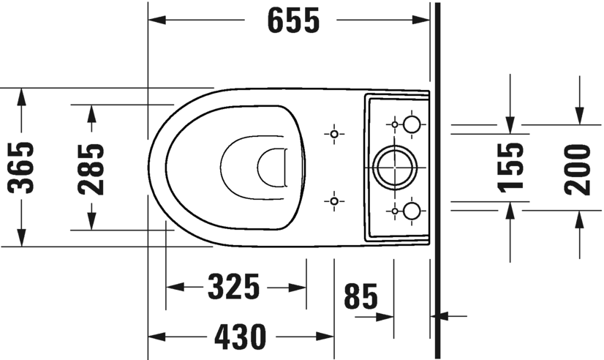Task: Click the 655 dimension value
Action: (293, 20)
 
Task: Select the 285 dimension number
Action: (91, 168)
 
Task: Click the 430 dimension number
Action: (240, 337)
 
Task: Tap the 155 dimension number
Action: (512, 166)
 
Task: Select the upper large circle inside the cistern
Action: (412, 124)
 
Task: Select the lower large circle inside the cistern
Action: (412, 211)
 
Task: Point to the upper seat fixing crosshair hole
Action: (334, 134)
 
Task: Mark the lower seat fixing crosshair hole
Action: (334, 200)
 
